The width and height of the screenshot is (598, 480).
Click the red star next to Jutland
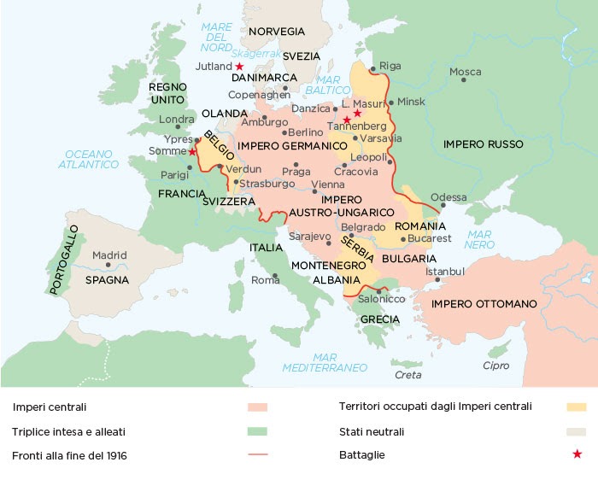pos(239,66)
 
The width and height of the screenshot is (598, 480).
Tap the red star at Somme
pos(192,151)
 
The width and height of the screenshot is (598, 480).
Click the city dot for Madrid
pos(108,265)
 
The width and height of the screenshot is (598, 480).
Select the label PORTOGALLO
pos(64,260)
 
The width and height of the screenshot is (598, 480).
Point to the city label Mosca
pos(465,71)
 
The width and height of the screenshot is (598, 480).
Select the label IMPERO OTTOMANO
pos(484,304)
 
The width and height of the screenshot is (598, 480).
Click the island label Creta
pos(407,375)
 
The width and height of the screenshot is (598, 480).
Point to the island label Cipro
pos(495,366)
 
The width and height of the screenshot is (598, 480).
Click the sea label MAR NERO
pos(480,238)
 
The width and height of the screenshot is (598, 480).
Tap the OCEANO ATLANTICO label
pos(89,159)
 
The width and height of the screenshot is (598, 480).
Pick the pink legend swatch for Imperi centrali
pos(257,407)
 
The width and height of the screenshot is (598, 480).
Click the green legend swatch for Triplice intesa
pos(257,431)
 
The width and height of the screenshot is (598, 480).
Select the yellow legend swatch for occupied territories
pos(577,407)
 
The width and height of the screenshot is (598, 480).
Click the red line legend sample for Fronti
pos(257,455)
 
